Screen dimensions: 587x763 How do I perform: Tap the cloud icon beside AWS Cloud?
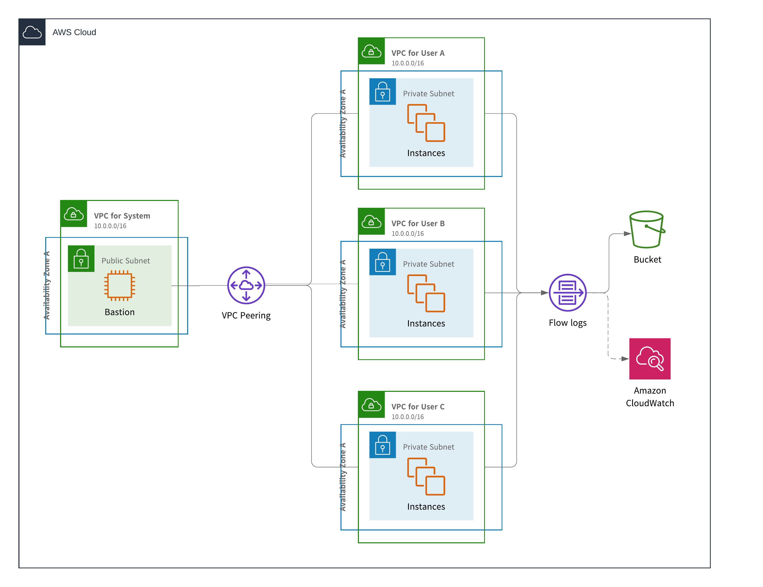32,32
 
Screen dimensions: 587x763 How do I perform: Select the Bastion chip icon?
119,285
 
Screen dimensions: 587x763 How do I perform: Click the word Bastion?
119,312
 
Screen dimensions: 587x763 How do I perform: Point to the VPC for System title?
122,216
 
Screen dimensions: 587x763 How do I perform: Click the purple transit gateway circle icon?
246,285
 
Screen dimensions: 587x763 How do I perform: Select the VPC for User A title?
418,53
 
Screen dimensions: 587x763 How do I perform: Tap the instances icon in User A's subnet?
426,123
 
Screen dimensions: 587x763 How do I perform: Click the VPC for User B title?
418,223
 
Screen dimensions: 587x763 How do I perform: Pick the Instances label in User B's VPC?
426,324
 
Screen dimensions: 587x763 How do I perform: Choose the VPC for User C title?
418,407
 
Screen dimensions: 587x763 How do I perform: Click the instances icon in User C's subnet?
426,476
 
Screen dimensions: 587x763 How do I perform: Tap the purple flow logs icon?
568,293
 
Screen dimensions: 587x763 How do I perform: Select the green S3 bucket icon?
647,229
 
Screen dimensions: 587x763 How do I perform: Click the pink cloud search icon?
650,359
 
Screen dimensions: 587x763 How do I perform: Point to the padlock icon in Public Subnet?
81,259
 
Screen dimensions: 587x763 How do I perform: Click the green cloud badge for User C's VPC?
371,405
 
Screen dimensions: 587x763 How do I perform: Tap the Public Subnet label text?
126,261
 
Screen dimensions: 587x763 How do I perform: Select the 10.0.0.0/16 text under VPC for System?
110,226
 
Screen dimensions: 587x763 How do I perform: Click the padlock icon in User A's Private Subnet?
383,92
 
